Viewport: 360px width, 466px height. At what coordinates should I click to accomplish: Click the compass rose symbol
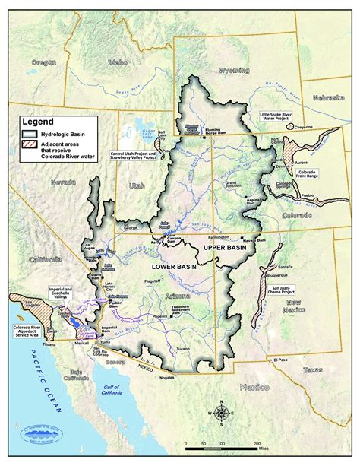pos(222,413)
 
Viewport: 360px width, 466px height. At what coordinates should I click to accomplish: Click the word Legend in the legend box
pos(38,121)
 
